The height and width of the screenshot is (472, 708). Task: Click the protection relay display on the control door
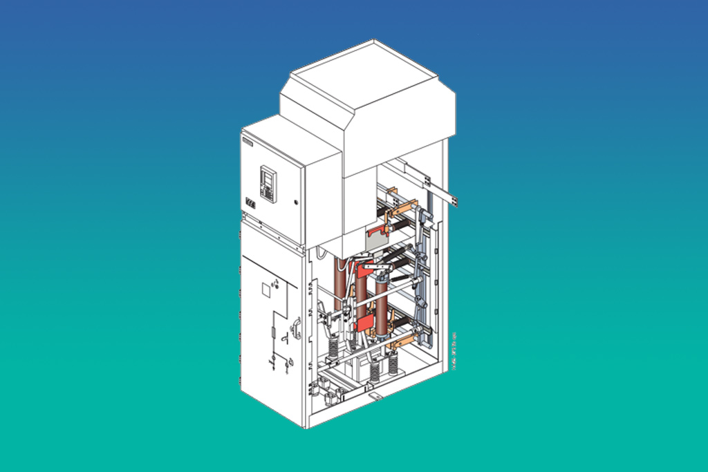point(268,183)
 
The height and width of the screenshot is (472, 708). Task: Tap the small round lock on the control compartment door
point(296,202)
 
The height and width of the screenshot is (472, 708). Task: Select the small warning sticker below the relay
point(250,205)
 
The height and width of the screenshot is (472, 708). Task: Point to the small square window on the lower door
point(265,291)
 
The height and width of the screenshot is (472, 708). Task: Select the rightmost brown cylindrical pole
point(380,304)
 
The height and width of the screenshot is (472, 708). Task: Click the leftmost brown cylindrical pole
point(339,283)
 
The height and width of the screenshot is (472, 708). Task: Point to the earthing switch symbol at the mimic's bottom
point(272,362)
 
